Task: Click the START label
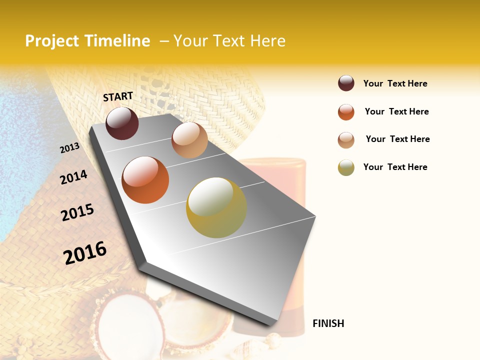tap(118, 96)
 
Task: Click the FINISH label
tap(328, 323)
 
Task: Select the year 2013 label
tap(69, 148)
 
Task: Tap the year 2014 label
tap(73, 177)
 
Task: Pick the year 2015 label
tap(77, 212)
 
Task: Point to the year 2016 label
tap(85, 252)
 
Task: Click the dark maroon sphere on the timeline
tap(122, 123)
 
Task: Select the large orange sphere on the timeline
tap(145, 180)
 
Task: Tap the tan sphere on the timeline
tap(189, 140)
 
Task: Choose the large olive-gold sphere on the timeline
tap(216, 207)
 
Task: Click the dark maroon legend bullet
tap(346, 83)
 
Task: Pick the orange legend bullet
tap(346, 112)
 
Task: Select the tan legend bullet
tap(346, 140)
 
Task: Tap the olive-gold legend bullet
tap(346, 167)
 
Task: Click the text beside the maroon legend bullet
tap(395, 83)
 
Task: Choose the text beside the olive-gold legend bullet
tap(395, 167)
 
